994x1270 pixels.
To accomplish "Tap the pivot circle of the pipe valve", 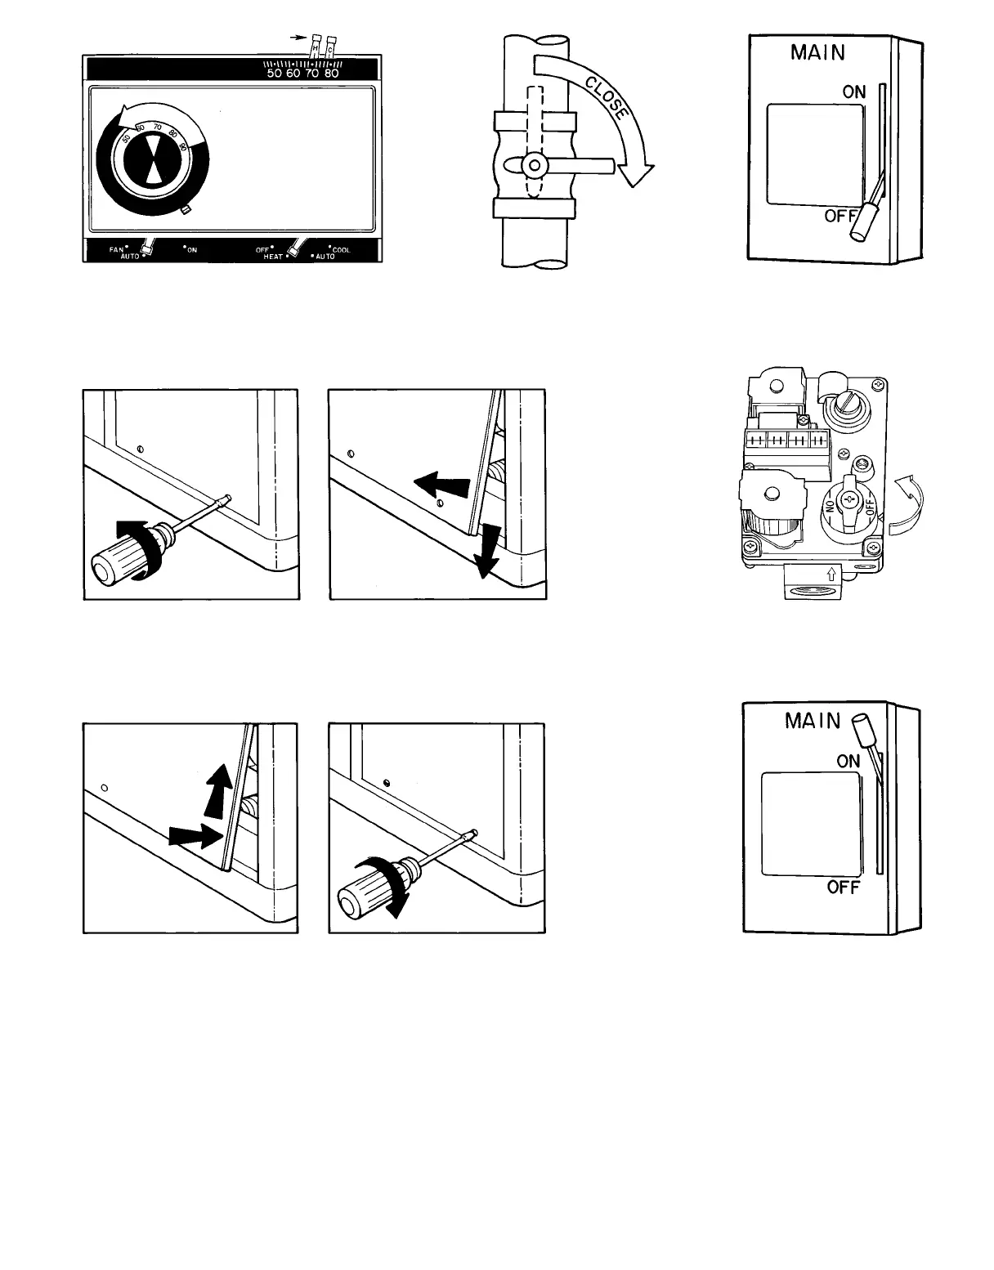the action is click(533, 166).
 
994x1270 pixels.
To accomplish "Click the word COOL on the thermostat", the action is click(341, 249).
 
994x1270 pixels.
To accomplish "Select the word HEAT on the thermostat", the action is click(273, 256).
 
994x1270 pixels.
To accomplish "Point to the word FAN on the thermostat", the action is click(117, 248).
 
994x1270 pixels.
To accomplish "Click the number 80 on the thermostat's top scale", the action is click(331, 73).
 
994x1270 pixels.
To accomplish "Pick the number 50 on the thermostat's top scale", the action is click(275, 73).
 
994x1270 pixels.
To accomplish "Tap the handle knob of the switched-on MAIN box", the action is click(862, 725).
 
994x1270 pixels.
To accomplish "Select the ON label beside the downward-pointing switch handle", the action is click(854, 92).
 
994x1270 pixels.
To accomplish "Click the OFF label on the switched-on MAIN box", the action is click(843, 887).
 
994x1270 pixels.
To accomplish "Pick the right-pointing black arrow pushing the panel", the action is click(194, 835).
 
